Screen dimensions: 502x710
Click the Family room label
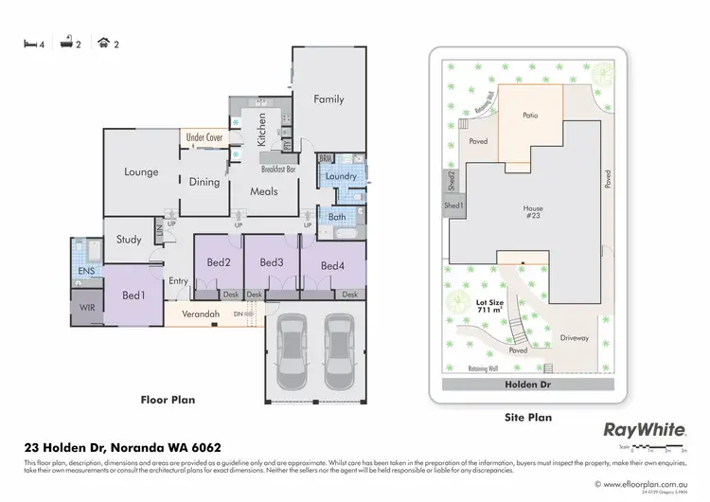click(328, 99)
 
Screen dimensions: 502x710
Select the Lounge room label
click(140, 172)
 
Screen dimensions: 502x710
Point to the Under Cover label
click(204, 137)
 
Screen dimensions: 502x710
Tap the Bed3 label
click(272, 262)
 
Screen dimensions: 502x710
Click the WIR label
click(86, 308)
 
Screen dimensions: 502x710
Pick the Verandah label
click(201, 314)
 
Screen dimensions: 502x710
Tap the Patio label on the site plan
click(530, 116)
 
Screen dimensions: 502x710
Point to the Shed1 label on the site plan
click(454, 206)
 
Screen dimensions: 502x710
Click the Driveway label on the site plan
click(575, 337)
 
